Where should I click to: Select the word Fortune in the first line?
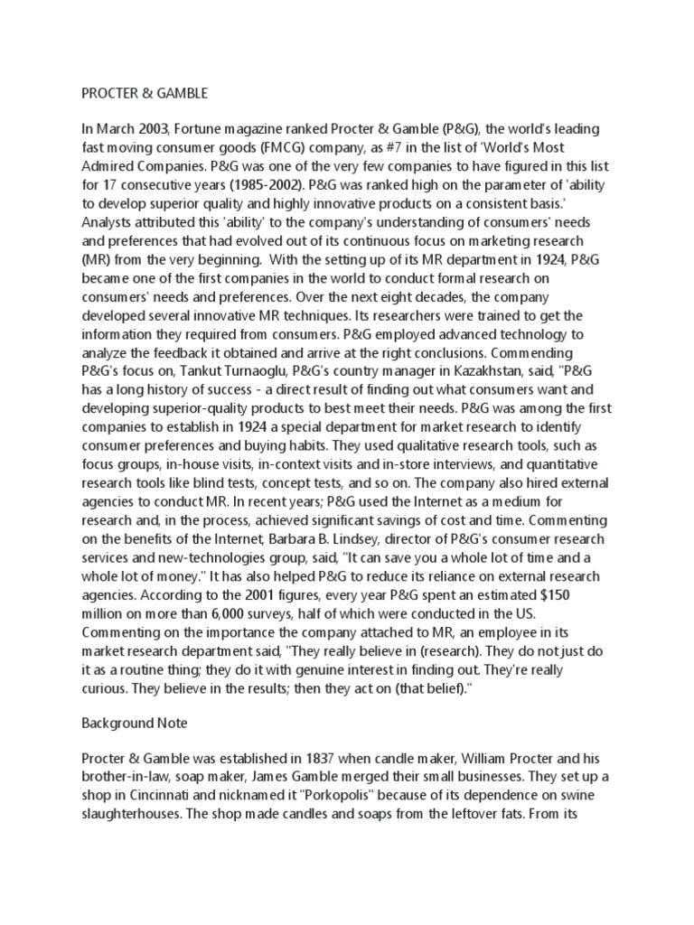(197, 130)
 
